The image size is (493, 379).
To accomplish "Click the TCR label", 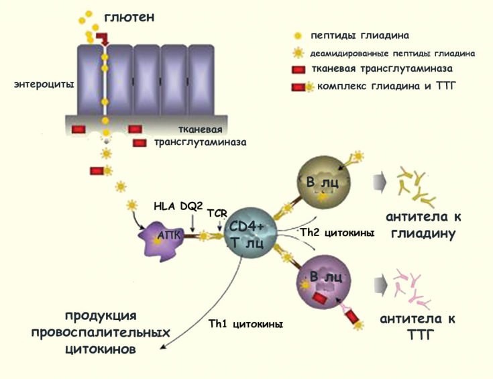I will (217, 213).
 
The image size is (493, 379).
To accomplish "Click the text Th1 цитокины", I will (243, 324).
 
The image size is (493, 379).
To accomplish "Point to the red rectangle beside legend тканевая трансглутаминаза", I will (298, 69).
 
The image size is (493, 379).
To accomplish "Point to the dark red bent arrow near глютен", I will (101, 38).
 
